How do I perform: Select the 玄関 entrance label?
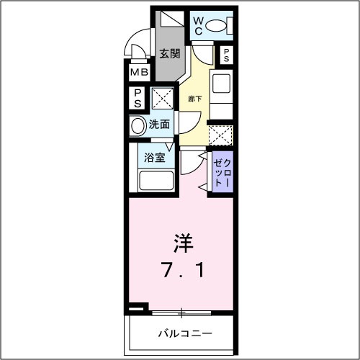tap(170, 53)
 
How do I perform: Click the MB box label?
tap(138, 72)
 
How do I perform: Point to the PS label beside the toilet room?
tap(226, 56)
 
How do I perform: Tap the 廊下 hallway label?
tap(195, 99)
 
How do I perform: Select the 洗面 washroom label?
tap(159, 124)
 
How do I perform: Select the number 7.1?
tap(181, 271)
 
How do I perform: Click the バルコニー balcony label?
tap(184, 334)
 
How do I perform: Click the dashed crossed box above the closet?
tap(220, 134)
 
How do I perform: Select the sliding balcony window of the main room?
tap(181, 312)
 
